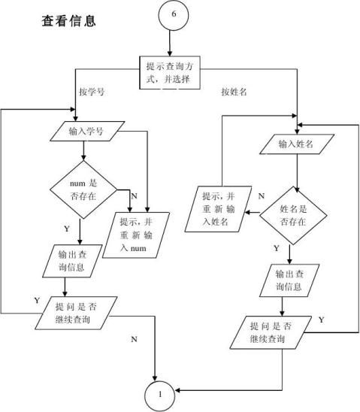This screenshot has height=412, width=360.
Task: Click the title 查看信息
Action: coord(69,21)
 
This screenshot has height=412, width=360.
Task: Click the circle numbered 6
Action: coord(174,15)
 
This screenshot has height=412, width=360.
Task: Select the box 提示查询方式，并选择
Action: coord(170,72)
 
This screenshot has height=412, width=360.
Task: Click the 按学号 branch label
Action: coord(92,92)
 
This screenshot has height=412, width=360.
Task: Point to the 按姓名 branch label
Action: coord(234,92)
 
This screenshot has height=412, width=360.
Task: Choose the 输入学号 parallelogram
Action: coord(87,131)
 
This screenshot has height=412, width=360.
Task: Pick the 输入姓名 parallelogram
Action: coord(297,144)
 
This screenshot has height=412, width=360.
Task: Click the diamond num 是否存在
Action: coord(83,189)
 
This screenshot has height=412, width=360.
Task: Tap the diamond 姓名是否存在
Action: coord(293,216)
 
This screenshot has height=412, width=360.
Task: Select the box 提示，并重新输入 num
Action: coord(136,235)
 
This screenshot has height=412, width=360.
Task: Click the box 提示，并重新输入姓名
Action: coord(218,209)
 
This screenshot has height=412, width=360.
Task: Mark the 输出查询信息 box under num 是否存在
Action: coord(72,261)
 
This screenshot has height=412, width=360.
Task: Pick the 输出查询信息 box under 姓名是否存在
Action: coord(289,280)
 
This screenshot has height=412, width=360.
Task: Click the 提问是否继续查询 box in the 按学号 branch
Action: coord(76,313)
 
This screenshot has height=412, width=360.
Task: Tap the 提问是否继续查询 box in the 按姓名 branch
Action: coord(271,332)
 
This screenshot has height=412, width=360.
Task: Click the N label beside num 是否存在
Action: coord(135,196)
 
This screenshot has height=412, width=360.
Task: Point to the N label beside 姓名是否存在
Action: coord(262,196)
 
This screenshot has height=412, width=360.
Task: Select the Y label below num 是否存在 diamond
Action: coord(67,229)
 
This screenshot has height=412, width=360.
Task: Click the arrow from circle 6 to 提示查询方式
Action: coord(170,44)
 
